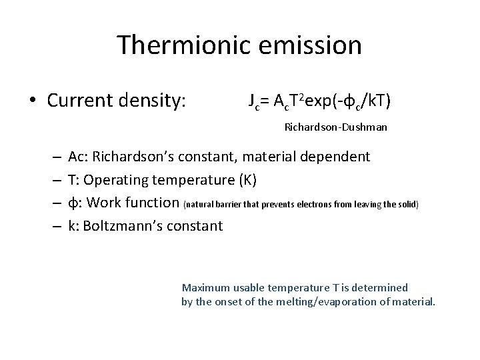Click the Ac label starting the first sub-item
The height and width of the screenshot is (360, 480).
point(77,157)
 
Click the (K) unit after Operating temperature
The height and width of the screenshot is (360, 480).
point(247,179)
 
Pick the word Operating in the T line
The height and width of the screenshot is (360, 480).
point(114,179)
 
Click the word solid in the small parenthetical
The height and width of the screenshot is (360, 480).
point(404,203)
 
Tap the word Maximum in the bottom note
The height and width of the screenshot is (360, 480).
point(205,288)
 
